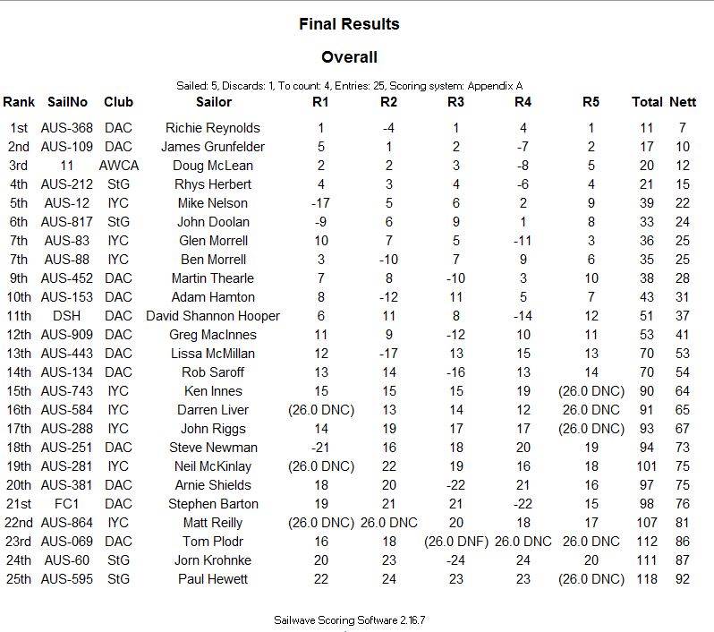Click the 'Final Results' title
point(349,24)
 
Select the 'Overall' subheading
point(349,58)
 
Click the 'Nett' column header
point(683,102)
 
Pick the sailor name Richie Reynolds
point(214,128)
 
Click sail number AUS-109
point(67,147)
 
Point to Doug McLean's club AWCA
point(119,166)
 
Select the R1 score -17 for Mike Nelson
point(320,203)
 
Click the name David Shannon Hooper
point(213,316)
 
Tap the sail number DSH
point(67,316)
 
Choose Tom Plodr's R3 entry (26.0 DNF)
point(456,542)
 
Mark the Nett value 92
point(683,579)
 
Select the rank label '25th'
point(19,579)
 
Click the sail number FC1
point(67,504)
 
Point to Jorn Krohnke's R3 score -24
point(456,560)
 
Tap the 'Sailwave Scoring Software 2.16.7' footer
point(355,619)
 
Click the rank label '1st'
point(19,128)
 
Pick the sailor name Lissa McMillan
point(213,354)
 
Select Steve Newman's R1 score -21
point(320,448)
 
